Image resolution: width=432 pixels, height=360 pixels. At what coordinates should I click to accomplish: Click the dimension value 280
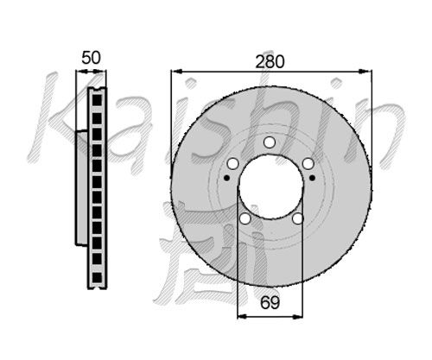tap(270, 61)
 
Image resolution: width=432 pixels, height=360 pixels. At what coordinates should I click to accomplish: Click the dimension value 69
tap(270, 302)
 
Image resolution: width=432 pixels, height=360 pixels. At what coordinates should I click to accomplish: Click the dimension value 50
tap(91, 58)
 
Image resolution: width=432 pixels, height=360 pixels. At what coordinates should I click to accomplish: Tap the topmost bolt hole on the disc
tap(270, 142)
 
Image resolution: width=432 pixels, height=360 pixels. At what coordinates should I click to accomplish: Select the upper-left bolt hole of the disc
tap(232, 164)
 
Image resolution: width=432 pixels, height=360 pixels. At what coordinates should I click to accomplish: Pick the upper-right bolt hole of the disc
tap(308, 164)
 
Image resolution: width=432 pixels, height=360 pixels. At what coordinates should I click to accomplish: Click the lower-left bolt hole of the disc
tap(245, 218)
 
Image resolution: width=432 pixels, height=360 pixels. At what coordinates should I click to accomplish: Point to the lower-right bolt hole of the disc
tap(297, 218)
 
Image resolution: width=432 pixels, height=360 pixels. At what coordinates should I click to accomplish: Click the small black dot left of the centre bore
tap(227, 178)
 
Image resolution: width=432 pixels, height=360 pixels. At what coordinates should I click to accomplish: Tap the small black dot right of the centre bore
tap(312, 178)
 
